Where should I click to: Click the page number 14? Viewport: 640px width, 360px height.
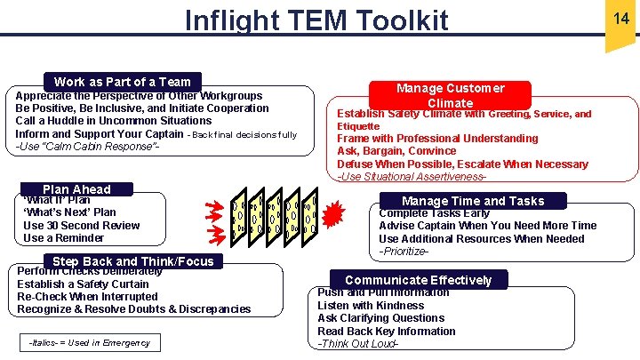tap(620, 17)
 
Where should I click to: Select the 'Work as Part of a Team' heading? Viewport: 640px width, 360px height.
tap(123, 81)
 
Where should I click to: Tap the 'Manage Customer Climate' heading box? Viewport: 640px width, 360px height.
tap(450, 95)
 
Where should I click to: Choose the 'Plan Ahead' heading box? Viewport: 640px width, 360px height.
tap(76, 188)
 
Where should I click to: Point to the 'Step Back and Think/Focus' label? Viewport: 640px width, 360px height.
tap(133, 260)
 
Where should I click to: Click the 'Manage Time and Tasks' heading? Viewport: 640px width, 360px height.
tap(473, 201)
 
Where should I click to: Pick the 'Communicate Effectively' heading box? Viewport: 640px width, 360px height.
tap(418, 280)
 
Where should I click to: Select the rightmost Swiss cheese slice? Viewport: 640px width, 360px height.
tap(311, 216)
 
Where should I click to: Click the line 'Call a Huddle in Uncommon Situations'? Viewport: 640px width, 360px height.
tap(114, 121)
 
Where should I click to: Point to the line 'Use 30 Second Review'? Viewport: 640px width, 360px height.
tap(81, 225)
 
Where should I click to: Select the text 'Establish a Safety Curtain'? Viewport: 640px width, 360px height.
tap(83, 284)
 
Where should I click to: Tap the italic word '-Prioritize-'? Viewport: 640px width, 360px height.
tap(404, 252)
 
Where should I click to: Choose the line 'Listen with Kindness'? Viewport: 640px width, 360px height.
tap(371, 305)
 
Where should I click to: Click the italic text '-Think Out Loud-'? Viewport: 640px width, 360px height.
tap(357, 344)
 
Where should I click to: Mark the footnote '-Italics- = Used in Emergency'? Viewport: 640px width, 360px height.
tap(89, 342)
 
